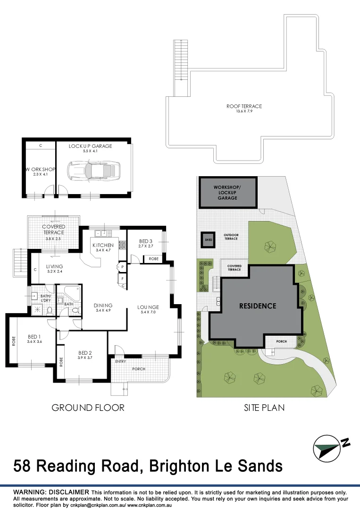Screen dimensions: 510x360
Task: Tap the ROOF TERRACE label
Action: [244, 106]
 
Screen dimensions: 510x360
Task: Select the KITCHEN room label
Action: [103, 245]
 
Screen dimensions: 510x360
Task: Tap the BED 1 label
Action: [34, 337]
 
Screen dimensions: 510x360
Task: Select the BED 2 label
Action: [85, 353]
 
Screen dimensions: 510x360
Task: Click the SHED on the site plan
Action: [208, 239]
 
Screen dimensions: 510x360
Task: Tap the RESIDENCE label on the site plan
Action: [258, 306]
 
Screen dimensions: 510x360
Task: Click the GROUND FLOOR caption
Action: [88, 408]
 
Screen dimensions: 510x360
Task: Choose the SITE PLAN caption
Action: [264, 408]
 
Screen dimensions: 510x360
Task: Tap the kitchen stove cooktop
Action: [121, 245]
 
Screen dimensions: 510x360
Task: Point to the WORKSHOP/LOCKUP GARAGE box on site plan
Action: [228, 193]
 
